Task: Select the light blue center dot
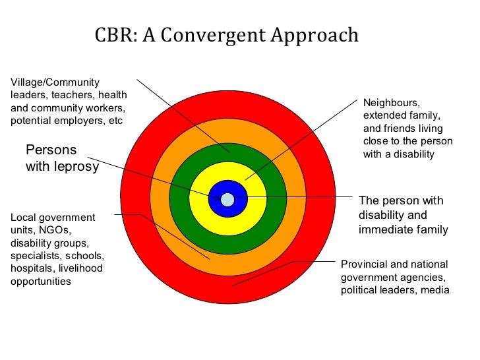(227, 199)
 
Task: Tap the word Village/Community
(55, 82)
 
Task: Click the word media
(436, 290)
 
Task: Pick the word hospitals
(32, 268)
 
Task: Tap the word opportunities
(41, 282)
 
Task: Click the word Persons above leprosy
(51, 150)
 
